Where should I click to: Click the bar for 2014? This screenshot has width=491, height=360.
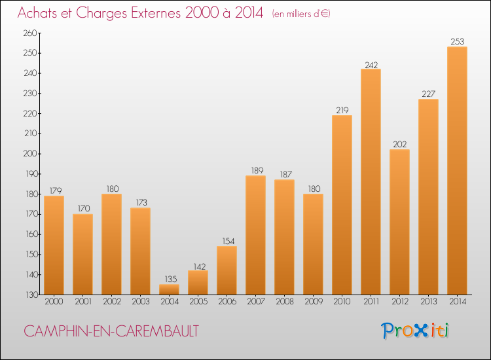[457, 171]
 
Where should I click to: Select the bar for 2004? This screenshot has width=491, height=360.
[169, 289]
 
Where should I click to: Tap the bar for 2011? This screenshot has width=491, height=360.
[371, 182]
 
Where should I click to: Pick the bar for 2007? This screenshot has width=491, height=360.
[255, 235]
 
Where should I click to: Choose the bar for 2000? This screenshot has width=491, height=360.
[54, 245]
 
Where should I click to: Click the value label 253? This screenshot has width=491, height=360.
[457, 42]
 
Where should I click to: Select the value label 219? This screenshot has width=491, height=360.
[342, 111]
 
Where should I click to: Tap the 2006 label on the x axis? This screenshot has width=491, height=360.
[227, 302]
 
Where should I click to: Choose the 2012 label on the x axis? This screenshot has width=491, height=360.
[399, 302]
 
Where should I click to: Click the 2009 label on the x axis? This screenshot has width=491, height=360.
[313, 302]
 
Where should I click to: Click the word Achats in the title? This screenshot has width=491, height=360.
[41, 13]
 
